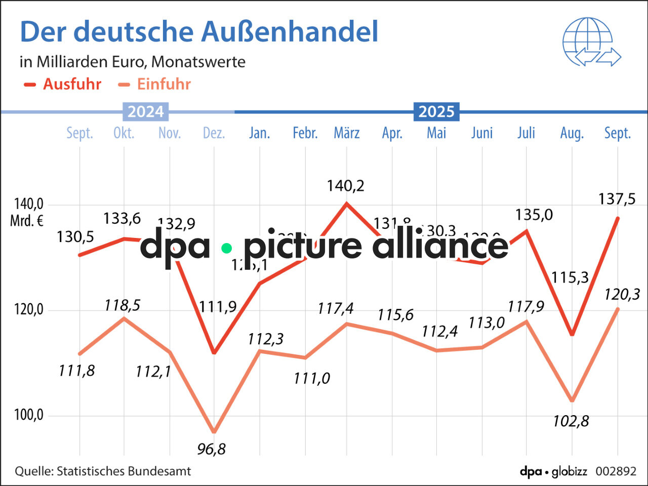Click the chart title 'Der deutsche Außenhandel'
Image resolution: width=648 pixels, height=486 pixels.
(x=199, y=32)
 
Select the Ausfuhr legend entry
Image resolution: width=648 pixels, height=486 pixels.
(x=63, y=84)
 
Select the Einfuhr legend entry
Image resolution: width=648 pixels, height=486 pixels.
(x=154, y=84)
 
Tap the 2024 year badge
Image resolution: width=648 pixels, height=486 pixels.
(x=145, y=111)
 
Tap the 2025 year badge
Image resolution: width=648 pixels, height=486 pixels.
(x=436, y=111)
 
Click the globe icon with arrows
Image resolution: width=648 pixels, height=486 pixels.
(x=591, y=43)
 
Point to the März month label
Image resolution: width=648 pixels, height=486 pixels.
(x=347, y=133)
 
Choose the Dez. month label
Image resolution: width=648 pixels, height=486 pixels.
(x=214, y=133)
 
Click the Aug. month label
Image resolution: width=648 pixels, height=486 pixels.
(x=572, y=133)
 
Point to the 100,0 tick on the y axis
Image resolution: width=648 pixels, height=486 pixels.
(x=29, y=415)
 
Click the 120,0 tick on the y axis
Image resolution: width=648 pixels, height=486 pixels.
(x=29, y=309)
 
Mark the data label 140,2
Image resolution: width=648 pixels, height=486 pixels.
(x=345, y=186)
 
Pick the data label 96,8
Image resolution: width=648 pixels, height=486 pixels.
(x=212, y=449)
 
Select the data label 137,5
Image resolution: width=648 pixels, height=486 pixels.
(x=617, y=199)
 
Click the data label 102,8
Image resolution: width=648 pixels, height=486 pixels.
(x=571, y=421)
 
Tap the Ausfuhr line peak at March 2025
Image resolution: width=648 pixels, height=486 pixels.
(x=346, y=204)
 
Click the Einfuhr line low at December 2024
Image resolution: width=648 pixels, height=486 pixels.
(x=214, y=432)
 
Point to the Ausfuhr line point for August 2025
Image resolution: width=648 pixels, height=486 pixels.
(x=572, y=334)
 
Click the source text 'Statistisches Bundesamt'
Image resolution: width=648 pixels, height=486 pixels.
(x=124, y=471)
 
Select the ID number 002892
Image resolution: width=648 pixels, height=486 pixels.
(x=616, y=471)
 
